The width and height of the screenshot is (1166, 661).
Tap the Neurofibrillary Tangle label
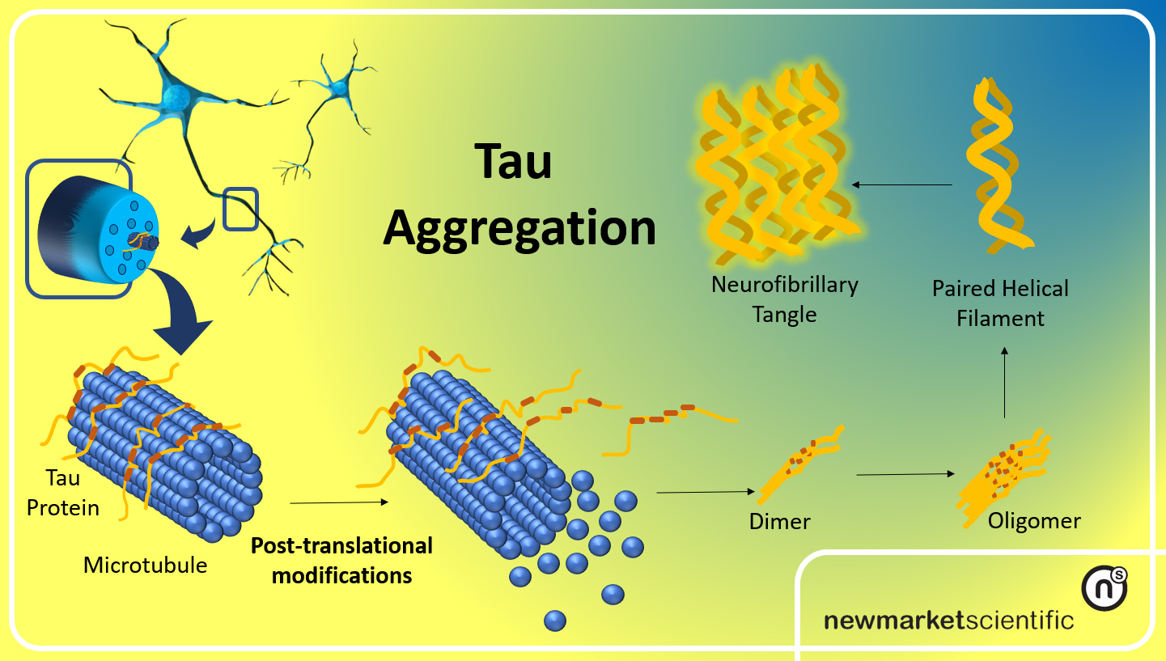tap(784, 299)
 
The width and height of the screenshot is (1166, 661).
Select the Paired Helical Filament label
tap(1000, 303)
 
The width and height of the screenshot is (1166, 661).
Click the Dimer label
tap(780, 522)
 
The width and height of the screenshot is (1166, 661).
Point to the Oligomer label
tap(1033, 520)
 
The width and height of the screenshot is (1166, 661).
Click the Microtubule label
tap(145, 565)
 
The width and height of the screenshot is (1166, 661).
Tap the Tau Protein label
tap(63, 493)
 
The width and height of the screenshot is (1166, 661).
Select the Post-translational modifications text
tap(341, 560)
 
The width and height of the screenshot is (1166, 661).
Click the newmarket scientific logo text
tap(948, 621)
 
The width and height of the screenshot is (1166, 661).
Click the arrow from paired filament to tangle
tap(902, 185)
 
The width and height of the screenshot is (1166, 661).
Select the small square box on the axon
tap(240, 209)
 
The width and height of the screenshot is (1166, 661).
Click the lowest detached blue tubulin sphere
tap(554, 621)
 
